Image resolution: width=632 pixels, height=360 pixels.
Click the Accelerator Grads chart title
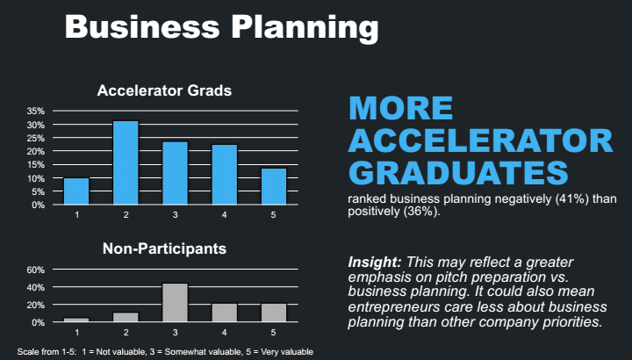coord(163,90)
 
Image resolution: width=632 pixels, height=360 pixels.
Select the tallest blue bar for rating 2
coord(126,162)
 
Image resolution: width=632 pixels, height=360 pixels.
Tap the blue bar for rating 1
coord(76,191)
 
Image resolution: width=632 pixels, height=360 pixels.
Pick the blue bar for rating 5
coord(274,186)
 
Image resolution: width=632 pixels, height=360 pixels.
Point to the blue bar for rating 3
coord(175,173)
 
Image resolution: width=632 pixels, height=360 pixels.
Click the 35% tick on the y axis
coord(35,112)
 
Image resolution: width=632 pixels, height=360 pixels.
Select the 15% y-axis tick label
coord(35,165)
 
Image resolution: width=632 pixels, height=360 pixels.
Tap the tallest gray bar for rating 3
coord(175,303)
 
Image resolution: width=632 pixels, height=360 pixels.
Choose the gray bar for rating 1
coord(76,320)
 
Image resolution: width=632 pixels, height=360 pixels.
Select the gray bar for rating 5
coord(274,313)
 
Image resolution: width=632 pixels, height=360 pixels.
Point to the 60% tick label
coord(35,270)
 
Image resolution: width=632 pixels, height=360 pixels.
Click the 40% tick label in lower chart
coord(35,287)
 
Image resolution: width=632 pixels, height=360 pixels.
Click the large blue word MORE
coord(400,108)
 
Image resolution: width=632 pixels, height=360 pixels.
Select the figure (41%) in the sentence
coord(555,198)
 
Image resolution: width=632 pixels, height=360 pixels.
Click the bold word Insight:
coord(376,262)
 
